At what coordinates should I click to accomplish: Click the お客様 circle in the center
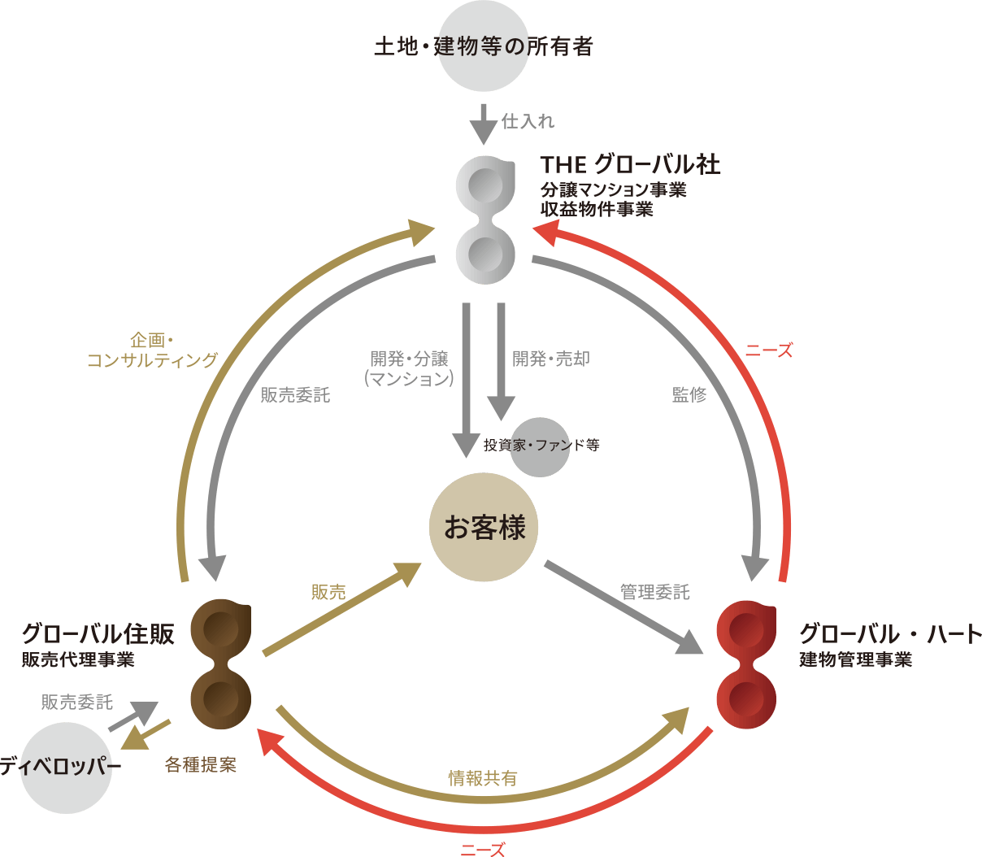pos(484,528)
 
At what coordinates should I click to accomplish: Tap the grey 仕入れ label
pos(528,121)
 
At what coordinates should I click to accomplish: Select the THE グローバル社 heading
pos(630,165)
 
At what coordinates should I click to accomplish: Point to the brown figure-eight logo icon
pos(221,665)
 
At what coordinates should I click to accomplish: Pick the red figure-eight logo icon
pos(747,665)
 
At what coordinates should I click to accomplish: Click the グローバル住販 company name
pos(98,633)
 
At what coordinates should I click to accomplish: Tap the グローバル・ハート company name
pos(890,633)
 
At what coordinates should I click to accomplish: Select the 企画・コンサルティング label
pos(152,350)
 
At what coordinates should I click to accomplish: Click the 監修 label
pos(689,395)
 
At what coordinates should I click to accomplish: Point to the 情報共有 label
pos(482,778)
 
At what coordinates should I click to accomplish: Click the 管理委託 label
pos(655,592)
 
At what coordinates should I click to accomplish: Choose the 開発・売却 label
pos(551,359)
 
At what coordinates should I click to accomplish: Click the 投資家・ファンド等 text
pos(541,445)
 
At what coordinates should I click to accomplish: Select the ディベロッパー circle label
pos(62,766)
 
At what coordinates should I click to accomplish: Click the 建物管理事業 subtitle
pos(855,659)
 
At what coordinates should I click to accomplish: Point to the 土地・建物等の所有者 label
pos(483,46)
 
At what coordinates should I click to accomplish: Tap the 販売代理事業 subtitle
pos(78,659)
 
